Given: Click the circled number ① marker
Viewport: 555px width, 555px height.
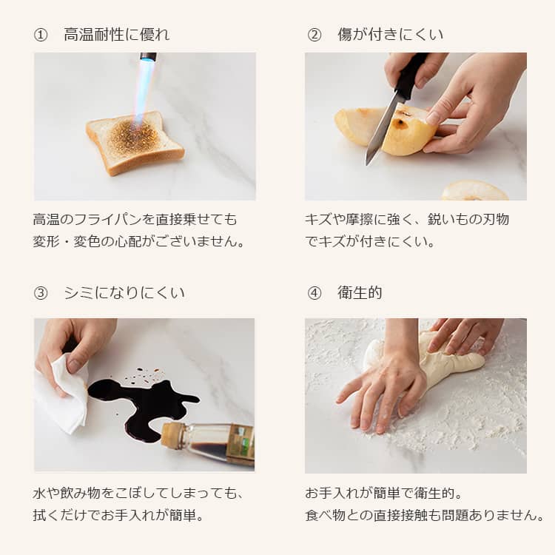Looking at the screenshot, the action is [x=41, y=35].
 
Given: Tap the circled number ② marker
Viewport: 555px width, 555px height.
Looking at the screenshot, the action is [x=314, y=35].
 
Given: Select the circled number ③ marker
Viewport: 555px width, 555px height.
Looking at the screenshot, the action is [x=41, y=293].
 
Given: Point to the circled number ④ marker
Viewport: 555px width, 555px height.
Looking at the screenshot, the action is [x=314, y=293].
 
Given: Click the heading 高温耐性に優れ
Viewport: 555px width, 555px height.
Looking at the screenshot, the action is [x=117, y=35].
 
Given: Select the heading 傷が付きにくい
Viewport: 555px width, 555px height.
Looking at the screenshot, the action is [x=390, y=35].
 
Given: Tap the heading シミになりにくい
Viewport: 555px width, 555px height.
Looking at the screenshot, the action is [x=124, y=293].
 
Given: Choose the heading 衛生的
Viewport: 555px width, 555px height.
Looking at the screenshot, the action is [x=360, y=293].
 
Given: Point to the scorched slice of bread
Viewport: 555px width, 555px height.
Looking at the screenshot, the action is [x=135, y=142].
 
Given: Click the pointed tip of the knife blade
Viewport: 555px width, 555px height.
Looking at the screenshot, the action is [x=368, y=164].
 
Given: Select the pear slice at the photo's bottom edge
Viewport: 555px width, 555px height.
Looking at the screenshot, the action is [x=474, y=191].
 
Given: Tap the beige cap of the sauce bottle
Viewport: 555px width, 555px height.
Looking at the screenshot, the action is [x=172, y=434].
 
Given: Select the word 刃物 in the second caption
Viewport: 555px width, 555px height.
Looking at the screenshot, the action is [x=496, y=220].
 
